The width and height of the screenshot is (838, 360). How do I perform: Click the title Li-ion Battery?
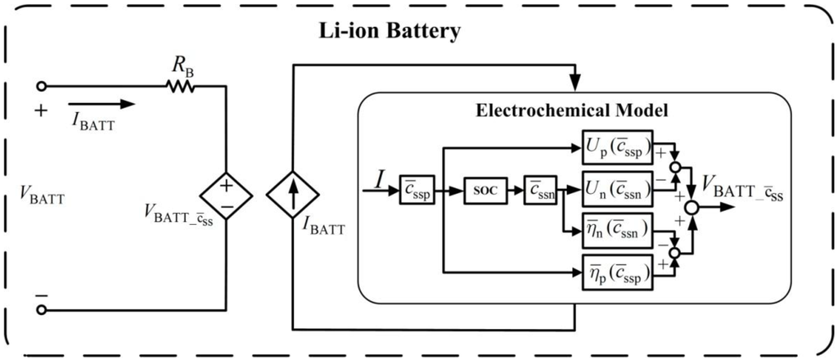point(390,33)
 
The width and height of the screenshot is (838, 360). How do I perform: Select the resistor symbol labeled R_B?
point(179,84)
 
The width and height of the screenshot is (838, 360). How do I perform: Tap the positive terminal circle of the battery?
point(42,84)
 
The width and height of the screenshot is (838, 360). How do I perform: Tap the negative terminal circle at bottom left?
point(42,309)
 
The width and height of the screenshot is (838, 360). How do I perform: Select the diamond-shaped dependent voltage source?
point(226,196)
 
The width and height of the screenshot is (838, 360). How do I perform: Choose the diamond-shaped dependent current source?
point(293,196)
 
